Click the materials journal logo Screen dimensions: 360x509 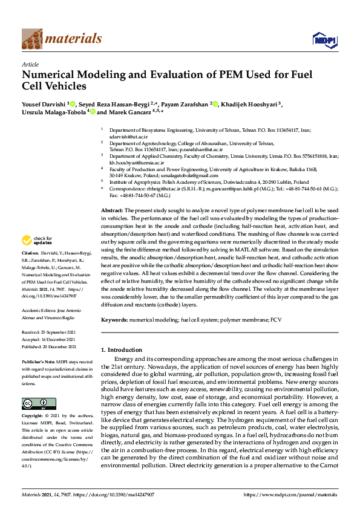pos(62,39)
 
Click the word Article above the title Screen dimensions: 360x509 pos(30,63)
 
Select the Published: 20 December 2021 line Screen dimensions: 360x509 pos(48,347)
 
